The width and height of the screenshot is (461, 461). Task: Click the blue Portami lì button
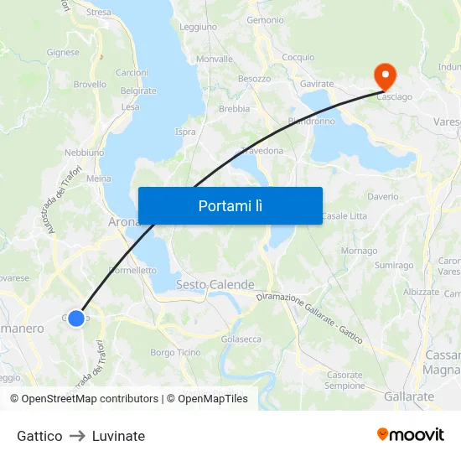pos(230,205)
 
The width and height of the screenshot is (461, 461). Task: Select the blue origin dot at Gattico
pos(76,319)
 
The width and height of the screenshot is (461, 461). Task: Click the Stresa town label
pos(98,13)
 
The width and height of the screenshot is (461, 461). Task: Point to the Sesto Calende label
pos(215,285)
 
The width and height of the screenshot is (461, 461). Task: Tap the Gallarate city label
pos(409,396)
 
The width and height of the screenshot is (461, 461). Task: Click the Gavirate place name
pos(317,84)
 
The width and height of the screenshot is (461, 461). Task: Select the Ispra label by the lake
pos(185,132)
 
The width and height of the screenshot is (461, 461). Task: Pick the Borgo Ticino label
pos(175,353)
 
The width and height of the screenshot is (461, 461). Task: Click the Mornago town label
pos(359,251)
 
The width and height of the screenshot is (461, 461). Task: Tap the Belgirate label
pos(138,91)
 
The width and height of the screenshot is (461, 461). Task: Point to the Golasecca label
pos(241,339)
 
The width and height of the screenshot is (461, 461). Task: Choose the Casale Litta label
pos(344,216)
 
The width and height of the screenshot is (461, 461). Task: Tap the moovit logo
pos(411,434)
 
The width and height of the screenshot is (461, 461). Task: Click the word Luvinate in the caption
pos(118,436)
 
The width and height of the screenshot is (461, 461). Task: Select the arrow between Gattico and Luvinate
pos(77,436)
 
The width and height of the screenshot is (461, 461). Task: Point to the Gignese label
pos(64,52)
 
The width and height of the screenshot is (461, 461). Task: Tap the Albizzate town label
pos(421,292)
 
